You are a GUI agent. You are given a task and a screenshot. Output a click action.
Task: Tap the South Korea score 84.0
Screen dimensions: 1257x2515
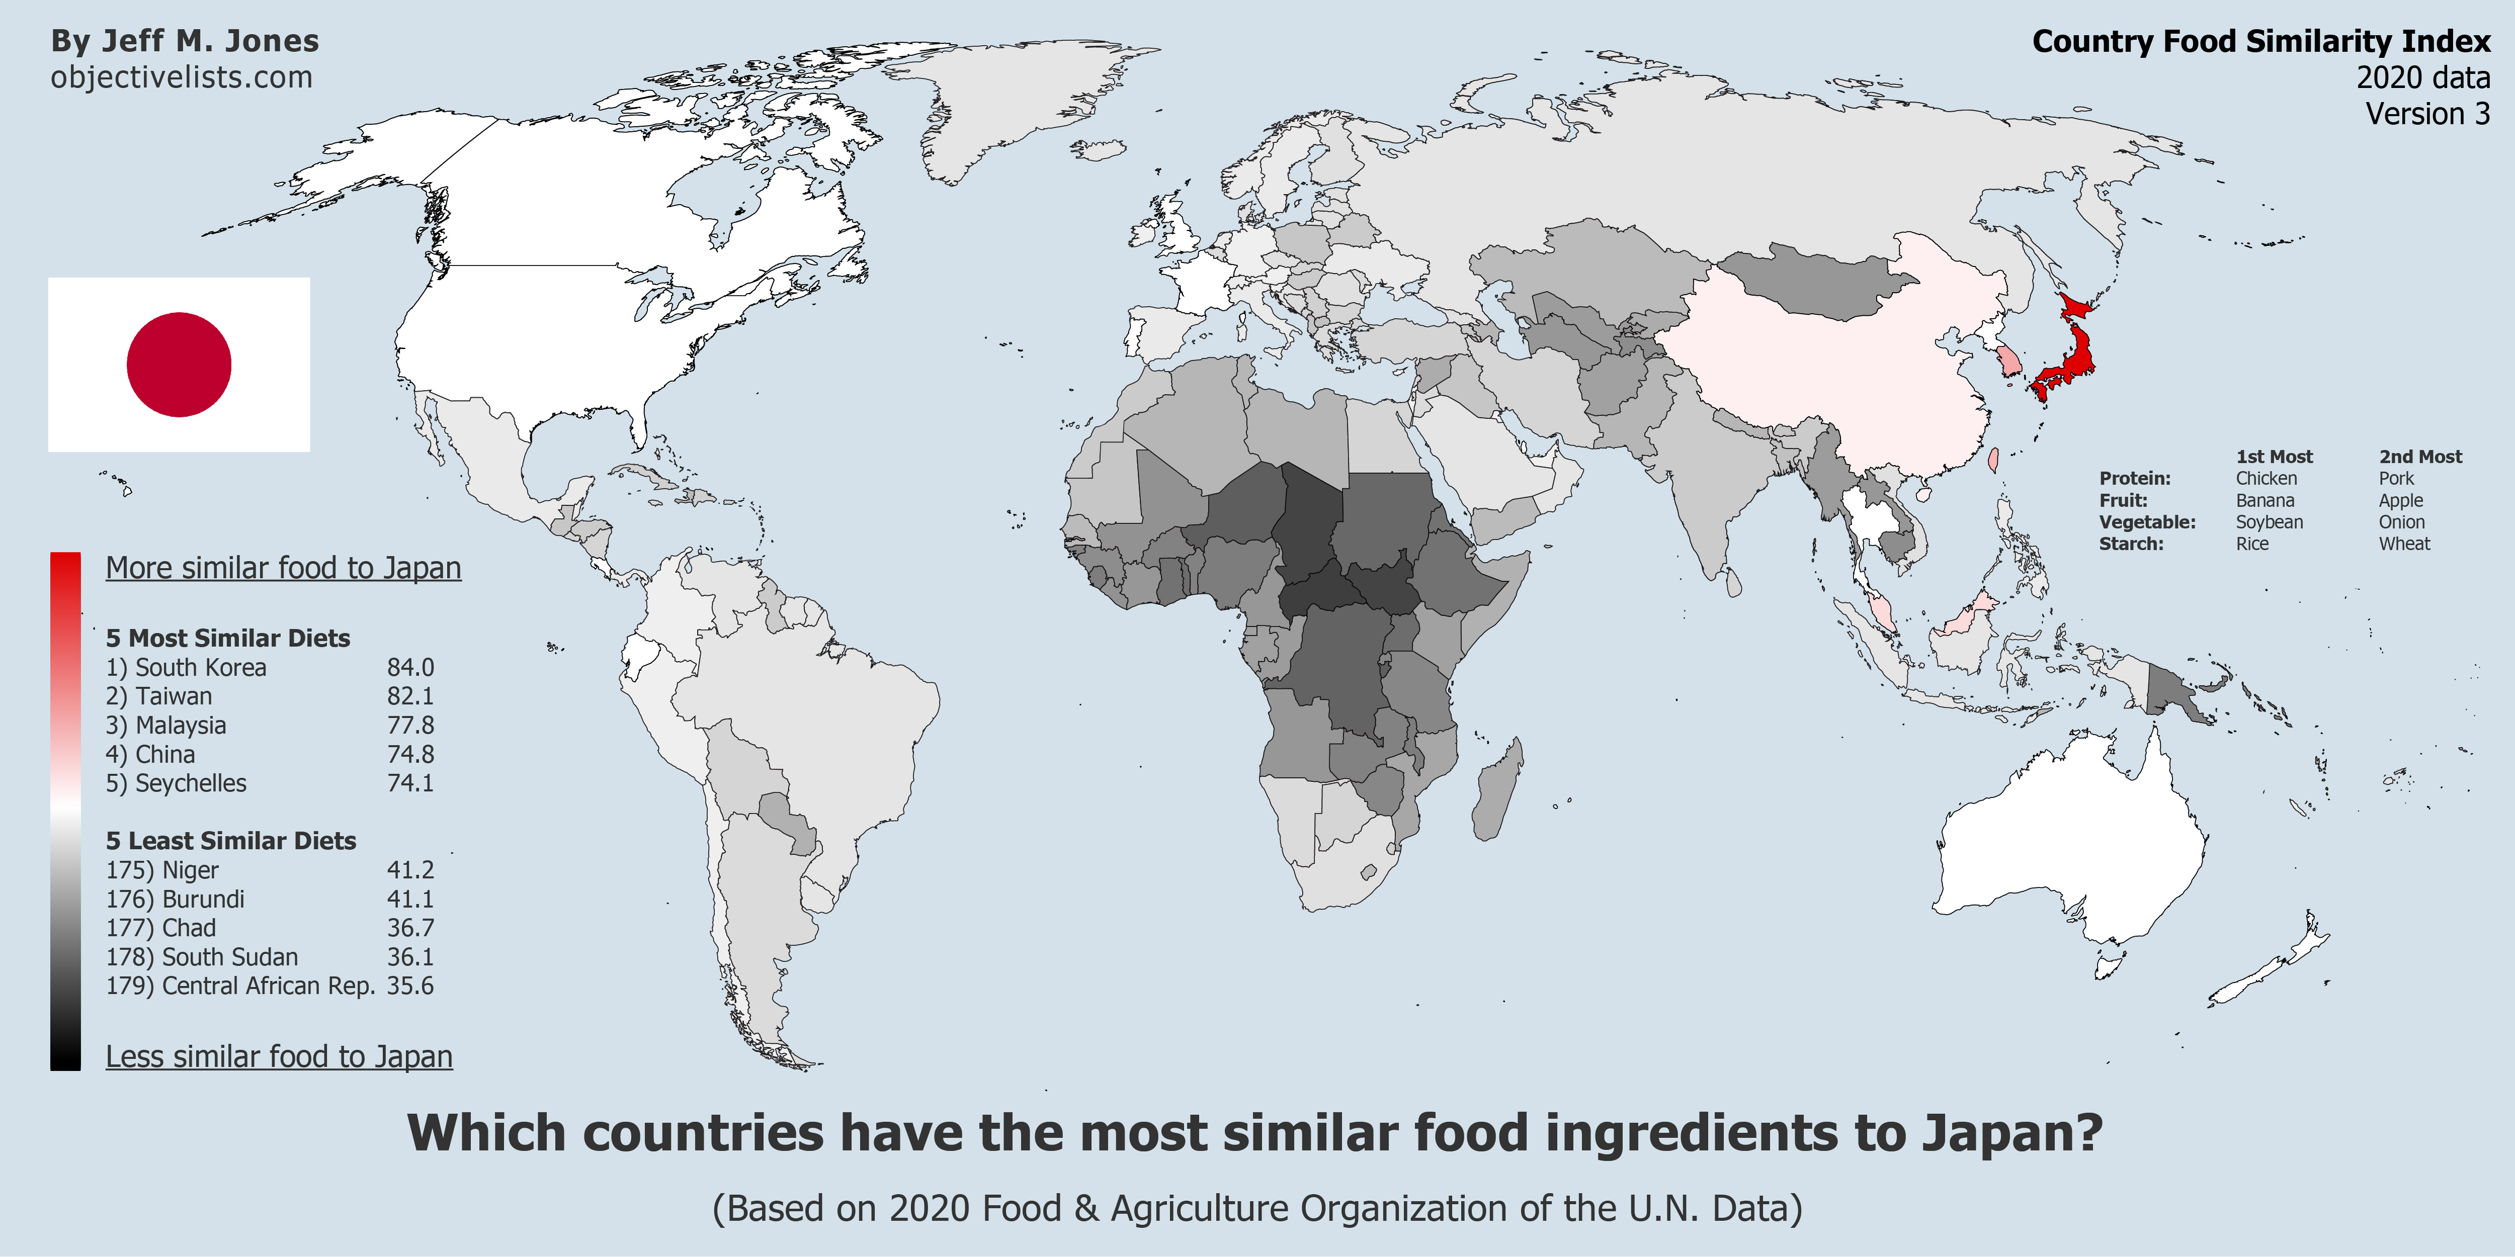pos(410,668)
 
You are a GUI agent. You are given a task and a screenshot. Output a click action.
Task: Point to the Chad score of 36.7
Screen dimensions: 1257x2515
pos(410,928)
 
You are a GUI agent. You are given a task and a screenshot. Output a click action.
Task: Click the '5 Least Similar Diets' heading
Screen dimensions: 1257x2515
pos(230,840)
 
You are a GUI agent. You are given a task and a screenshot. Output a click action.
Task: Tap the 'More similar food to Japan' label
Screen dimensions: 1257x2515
pos(283,568)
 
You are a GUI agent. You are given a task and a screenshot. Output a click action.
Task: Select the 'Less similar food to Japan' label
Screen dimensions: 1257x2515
pos(279,1057)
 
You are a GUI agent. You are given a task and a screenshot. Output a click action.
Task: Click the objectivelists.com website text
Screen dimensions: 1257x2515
pos(182,77)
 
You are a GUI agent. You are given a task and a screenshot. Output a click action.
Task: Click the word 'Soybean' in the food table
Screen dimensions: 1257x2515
pos(2269,522)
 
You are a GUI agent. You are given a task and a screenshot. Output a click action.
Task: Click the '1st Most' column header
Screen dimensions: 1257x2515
pos(2274,457)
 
